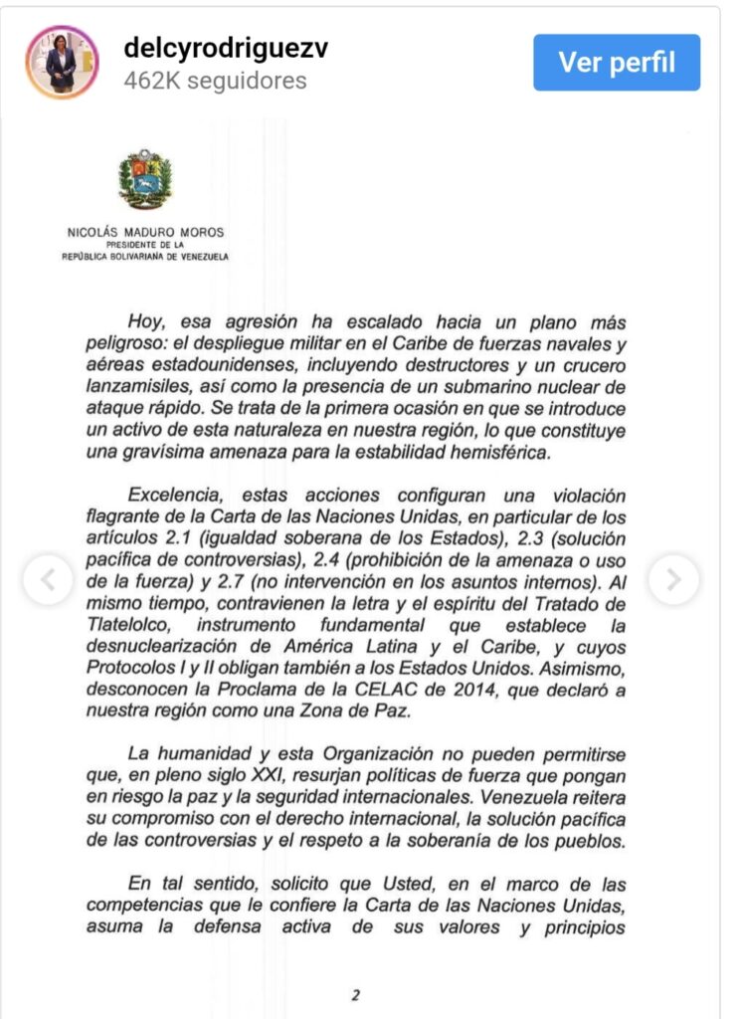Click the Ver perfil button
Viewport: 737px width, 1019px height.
coord(617,63)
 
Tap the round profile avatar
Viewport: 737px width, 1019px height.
coord(62,63)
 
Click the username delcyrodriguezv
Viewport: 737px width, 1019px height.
coord(226,48)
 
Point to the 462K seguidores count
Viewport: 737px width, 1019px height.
coord(215,81)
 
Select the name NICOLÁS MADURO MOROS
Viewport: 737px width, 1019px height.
coord(146,233)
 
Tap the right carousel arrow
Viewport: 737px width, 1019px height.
coord(673,579)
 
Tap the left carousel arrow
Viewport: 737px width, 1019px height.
coord(48,579)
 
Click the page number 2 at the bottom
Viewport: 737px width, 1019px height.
coord(354,994)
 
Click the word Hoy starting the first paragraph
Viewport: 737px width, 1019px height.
coord(146,322)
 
